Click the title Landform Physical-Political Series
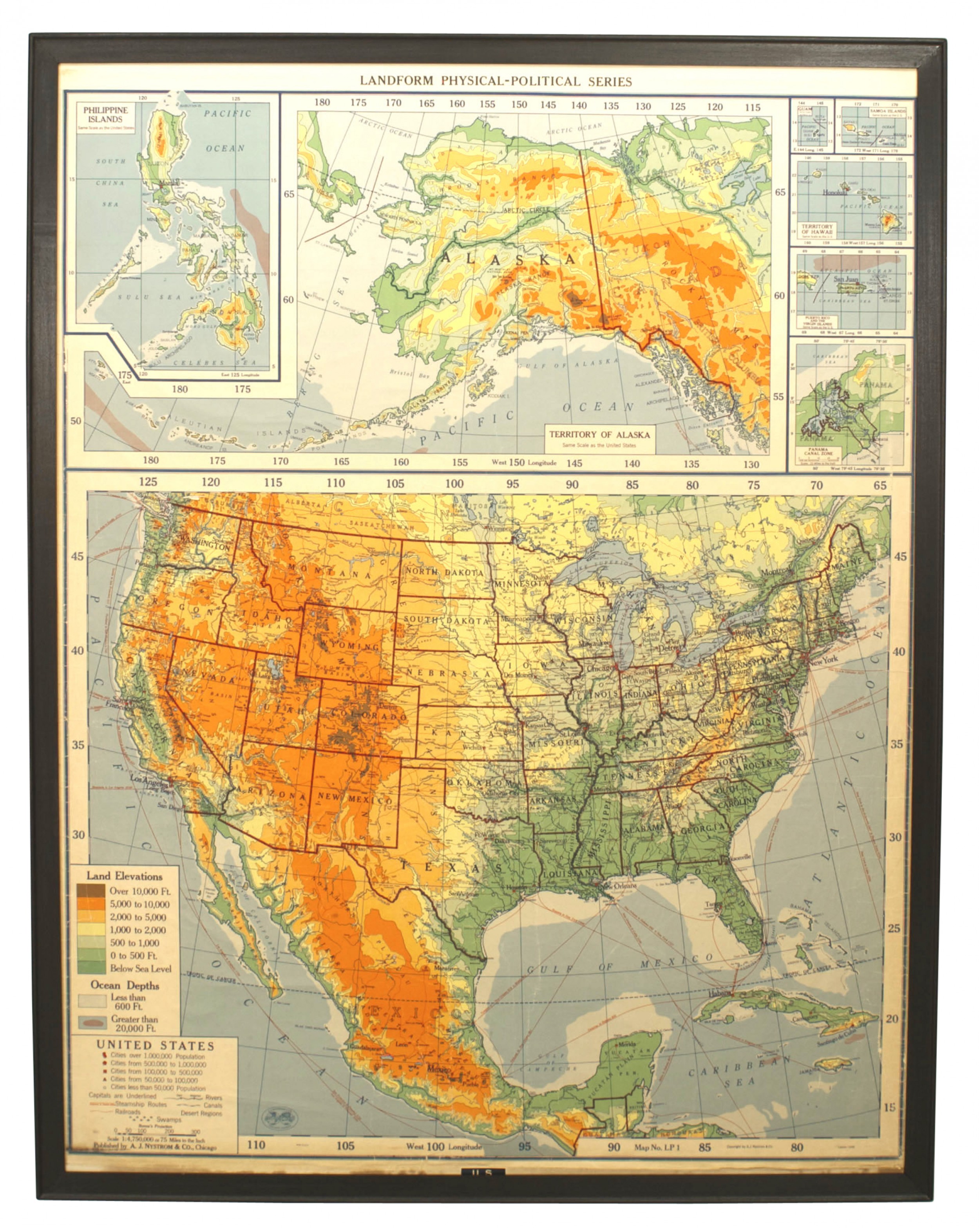(495, 81)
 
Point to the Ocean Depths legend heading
(125, 985)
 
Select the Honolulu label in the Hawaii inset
(835, 193)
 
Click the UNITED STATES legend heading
(155, 1045)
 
